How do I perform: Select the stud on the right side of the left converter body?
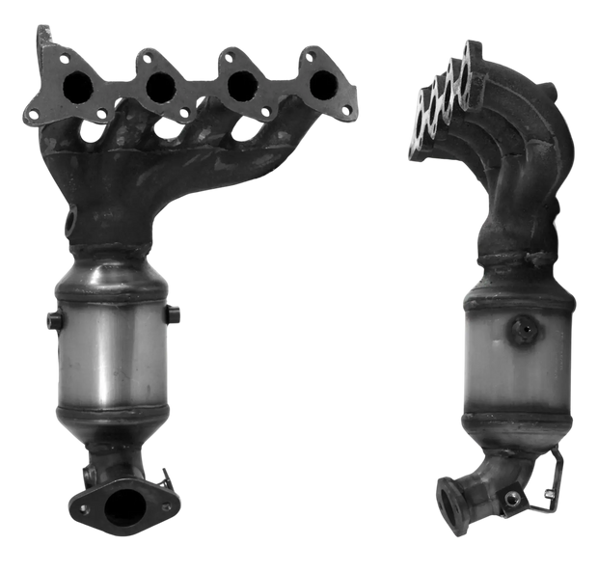tap(175, 313)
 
